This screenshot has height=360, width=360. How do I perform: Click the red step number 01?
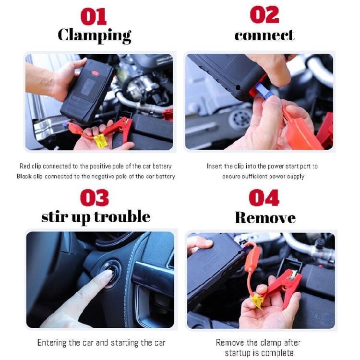[93, 16]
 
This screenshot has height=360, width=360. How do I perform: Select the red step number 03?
[95, 198]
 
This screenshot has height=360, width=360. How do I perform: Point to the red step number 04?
[264, 198]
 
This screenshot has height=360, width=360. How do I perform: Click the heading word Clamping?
[94, 35]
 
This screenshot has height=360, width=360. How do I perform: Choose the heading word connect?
[264, 35]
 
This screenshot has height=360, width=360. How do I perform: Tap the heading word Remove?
[265, 218]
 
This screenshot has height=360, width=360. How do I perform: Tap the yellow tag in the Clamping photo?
[101, 141]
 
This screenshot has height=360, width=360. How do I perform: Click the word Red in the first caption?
[24, 166]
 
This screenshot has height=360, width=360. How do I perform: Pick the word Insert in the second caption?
[215, 166]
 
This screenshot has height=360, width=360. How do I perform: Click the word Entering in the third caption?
[52, 343]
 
